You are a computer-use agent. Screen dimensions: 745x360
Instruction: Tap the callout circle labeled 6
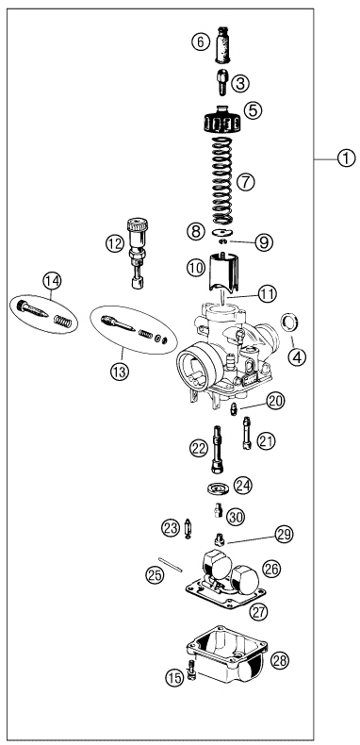tap(199, 41)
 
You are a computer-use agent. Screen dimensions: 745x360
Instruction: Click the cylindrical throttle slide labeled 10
tap(223, 270)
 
